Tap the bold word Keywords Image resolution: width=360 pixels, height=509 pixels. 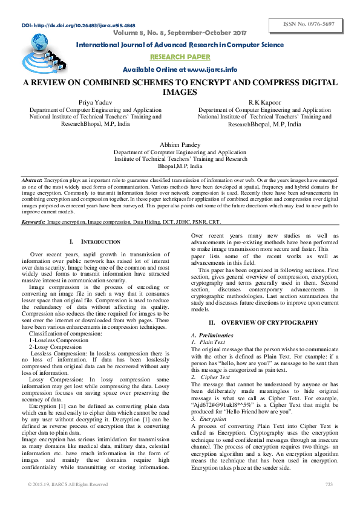(x=33, y=222)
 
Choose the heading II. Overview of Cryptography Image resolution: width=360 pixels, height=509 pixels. (x=263, y=323)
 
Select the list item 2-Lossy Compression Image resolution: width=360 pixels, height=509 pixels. (x=56, y=347)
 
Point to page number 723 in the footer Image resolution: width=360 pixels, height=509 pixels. (x=329, y=484)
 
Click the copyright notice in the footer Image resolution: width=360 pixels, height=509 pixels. (x=68, y=484)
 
